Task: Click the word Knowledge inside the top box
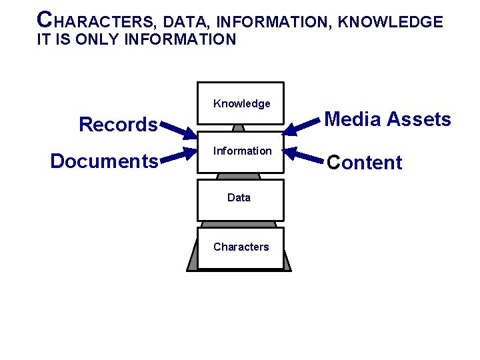click(241, 103)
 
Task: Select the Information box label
click(242, 151)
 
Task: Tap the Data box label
click(239, 197)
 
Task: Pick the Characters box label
click(241, 247)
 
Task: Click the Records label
click(118, 125)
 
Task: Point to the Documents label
click(104, 161)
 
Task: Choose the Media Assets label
click(387, 119)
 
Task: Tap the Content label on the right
click(364, 163)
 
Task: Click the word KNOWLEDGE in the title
click(390, 22)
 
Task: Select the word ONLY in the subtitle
click(94, 39)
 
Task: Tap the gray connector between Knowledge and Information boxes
click(239, 127)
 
